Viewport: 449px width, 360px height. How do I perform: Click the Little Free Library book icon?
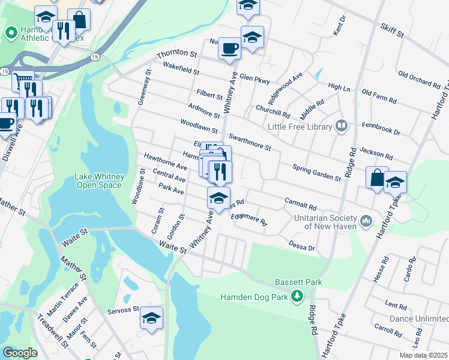(x=342, y=125)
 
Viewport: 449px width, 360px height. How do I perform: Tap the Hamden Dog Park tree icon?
(x=296, y=295)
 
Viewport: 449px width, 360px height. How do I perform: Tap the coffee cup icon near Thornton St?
(x=229, y=49)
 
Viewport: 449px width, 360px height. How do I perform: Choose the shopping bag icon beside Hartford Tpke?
(x=377, y=178)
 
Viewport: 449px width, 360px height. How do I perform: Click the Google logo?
(x=20, y=353)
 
